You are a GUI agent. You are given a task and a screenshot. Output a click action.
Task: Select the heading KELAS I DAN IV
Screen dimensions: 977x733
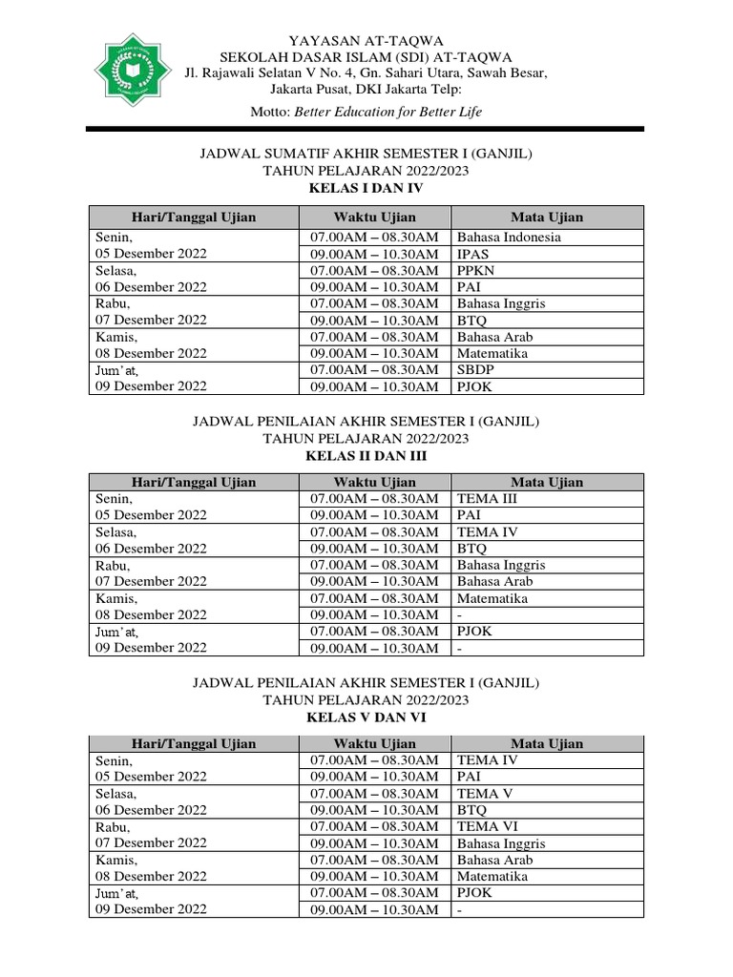click(x=366, y=188)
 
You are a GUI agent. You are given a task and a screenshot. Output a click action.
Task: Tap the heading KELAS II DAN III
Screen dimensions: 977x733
click(x=366, y=456)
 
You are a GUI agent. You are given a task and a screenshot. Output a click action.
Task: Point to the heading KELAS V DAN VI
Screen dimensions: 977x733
click(x=366, y=717)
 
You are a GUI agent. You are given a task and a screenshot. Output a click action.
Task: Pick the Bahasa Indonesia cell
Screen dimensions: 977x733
click(x=509, y=237)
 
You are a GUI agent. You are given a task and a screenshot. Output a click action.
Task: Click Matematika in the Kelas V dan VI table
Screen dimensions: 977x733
click(x=492, y=876)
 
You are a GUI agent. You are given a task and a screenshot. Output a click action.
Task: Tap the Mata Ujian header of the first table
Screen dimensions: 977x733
click(x=547, y=217)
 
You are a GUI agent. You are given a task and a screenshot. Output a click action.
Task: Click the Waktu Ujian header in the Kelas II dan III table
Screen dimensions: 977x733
click(x=375, y=482)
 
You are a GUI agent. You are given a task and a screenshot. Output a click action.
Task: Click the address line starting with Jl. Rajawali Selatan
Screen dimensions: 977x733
click(x=366, y=73)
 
